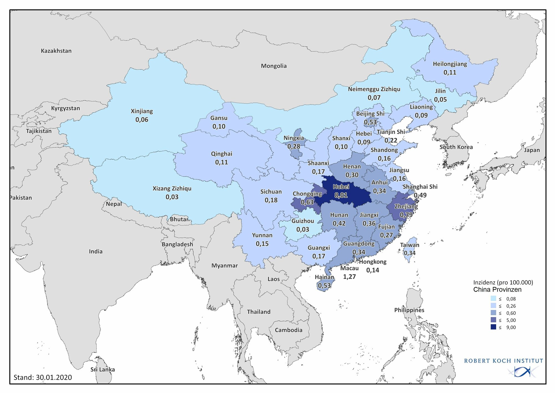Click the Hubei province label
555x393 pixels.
(341, 187)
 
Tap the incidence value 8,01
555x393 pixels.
(341, 195)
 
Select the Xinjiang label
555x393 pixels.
(142, 111)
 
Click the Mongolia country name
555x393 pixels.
(274, 66)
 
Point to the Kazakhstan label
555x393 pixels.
(56, 51)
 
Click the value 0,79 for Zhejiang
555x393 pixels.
(406, 215)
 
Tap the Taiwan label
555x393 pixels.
(410, 245)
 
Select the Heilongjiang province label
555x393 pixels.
(450, 64)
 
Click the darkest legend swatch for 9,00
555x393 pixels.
(493, 327)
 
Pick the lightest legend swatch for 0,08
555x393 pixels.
(493, 299)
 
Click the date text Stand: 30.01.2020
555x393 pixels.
(43, 377)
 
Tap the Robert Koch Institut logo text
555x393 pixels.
(503, 361)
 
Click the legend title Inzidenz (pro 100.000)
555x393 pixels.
(503, 282)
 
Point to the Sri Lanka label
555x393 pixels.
(102, 370)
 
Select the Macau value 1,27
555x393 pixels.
(349, 277)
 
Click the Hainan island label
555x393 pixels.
(324, 277)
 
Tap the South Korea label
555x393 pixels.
(456, 147)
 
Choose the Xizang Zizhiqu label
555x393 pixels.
(172, 189)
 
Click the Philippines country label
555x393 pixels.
(409, 310)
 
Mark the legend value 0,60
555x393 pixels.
(511, 313)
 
